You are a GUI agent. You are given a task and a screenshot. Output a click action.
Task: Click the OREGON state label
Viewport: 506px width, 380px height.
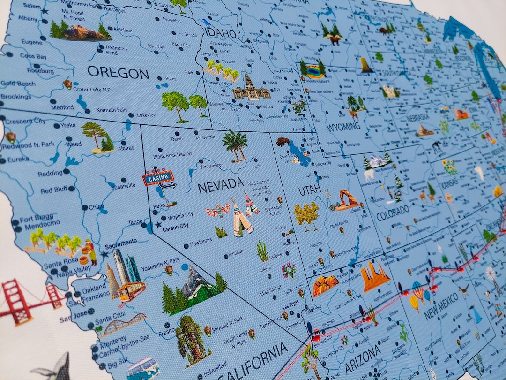(x=118, y=73)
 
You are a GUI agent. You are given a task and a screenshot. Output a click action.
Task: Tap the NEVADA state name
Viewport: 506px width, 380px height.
(x=220, y=185)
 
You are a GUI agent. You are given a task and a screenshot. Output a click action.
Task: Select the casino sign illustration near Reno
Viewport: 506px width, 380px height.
(x=159, y=179)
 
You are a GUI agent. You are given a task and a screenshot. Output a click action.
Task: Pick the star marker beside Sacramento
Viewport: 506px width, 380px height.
(x=104, y=254)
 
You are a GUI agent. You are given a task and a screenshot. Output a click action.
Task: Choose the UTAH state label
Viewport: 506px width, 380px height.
(x=310, y=190)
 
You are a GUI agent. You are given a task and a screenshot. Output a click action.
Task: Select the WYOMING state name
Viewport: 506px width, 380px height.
(x=343, y=127)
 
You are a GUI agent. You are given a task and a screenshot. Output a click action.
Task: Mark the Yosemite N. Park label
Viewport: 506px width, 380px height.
(x=160, y=261)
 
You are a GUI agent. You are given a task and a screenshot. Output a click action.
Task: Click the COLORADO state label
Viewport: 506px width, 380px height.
(x=392, y=213)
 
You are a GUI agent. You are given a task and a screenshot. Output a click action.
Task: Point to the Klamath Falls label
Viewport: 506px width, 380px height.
(x=112, y=110)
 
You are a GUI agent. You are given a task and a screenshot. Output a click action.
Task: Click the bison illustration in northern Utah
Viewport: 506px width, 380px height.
(x=283, y=141)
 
